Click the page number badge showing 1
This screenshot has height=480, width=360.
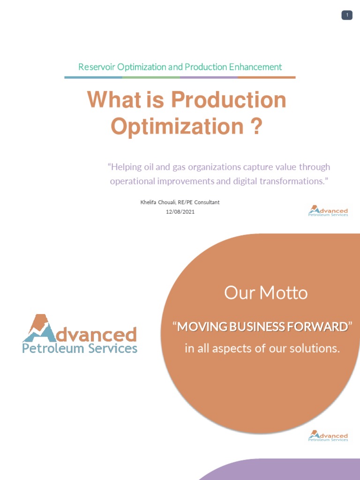point(347,15)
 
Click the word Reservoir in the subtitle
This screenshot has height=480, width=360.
point(97,67)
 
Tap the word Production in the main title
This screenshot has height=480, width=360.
point(228,100)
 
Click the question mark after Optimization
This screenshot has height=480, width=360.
point(256,127)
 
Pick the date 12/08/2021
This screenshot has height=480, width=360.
point(180,212)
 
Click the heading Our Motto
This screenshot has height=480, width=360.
point(266,293)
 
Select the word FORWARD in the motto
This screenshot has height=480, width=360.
point(322,327)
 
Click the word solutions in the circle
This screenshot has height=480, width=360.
point(315,349)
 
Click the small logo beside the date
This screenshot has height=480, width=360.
point(328,210)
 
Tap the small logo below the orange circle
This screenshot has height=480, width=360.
point(328,435)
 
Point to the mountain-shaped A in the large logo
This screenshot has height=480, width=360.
point(38,328)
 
